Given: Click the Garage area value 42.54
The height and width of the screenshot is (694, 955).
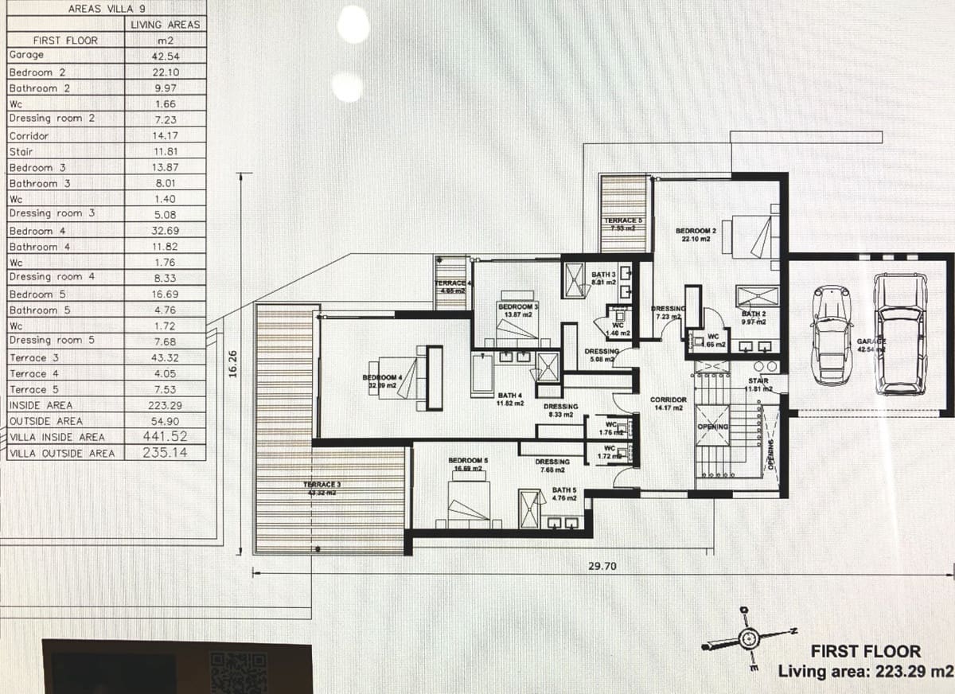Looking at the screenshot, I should pos(166,56).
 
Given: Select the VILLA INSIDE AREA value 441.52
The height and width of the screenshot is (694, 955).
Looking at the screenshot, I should pos(166,436).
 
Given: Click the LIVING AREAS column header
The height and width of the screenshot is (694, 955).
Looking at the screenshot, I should pos(166,25).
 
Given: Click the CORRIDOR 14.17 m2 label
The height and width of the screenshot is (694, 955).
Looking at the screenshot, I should pos(668,404).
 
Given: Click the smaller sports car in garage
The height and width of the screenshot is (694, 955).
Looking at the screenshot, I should pos(832,334).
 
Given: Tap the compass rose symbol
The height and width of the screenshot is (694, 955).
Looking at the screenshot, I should pos(747,638).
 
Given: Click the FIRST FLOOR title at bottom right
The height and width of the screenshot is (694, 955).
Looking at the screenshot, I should pos(865,652).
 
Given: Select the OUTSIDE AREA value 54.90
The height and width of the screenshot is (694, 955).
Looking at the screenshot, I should pos(166,420).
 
